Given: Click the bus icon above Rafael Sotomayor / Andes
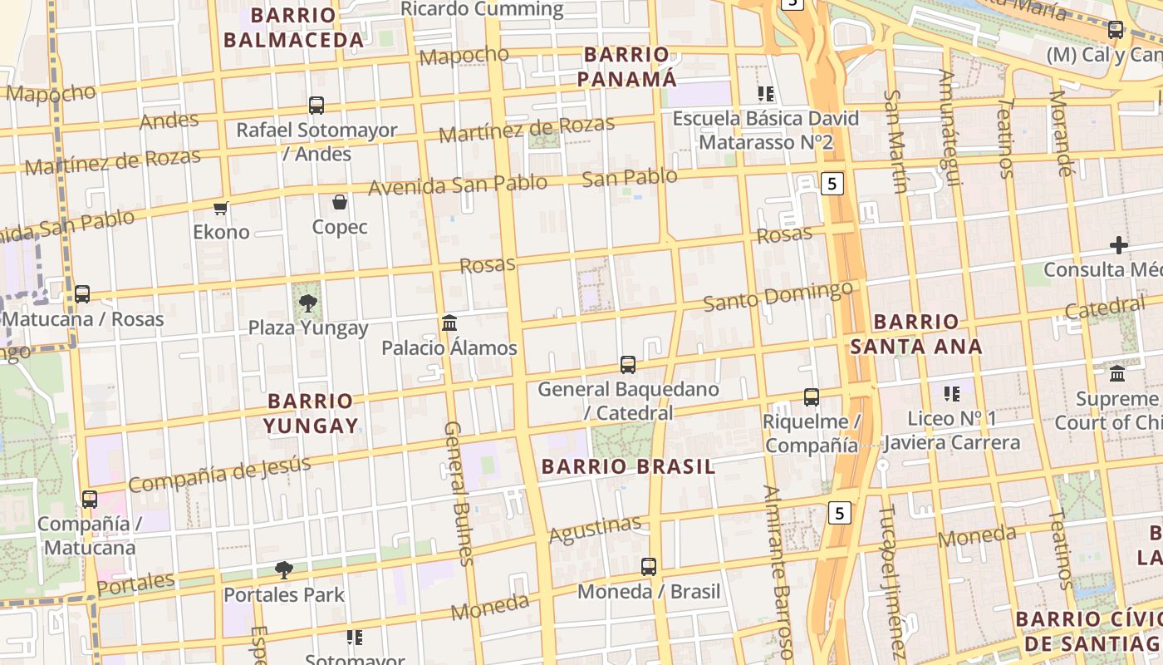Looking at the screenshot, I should pyautogui.click(x=317, y=106).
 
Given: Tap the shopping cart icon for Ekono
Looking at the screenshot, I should pyautogui.click(x=220, y=208).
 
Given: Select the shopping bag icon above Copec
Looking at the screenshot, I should pyautogui.click(x=340, y=202).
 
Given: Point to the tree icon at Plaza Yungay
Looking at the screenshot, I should pyautogui.click(x=308, y=303).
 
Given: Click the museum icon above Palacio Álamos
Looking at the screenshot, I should pyautogui.click(x=449, y=323).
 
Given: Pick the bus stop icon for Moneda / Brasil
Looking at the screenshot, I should pyautogui.click(x=649, y=567).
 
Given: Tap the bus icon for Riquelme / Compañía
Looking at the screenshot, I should pyautogui.click(x=812, y=397).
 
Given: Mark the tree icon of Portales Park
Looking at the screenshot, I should pyautogui.click(x=284, y=570).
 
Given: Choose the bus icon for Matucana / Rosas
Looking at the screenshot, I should pyautogui.click(x=82, y=294).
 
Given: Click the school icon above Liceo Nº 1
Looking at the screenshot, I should pyautogui.click(x=952, y=393).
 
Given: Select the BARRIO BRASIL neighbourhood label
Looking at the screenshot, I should pyautogui.click(x=628, y=466).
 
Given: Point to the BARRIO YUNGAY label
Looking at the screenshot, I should pyautogui.click(x=312, y=413).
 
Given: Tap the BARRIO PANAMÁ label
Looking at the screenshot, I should pyautogui.click(x=627, y=66).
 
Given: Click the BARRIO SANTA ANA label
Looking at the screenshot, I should pyautogui.click(x=917, y=333).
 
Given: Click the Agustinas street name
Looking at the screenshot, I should pyautogui.click(x=595, y=529).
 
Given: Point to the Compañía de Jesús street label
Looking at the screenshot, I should pyautogui.click(x=218, y=474).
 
